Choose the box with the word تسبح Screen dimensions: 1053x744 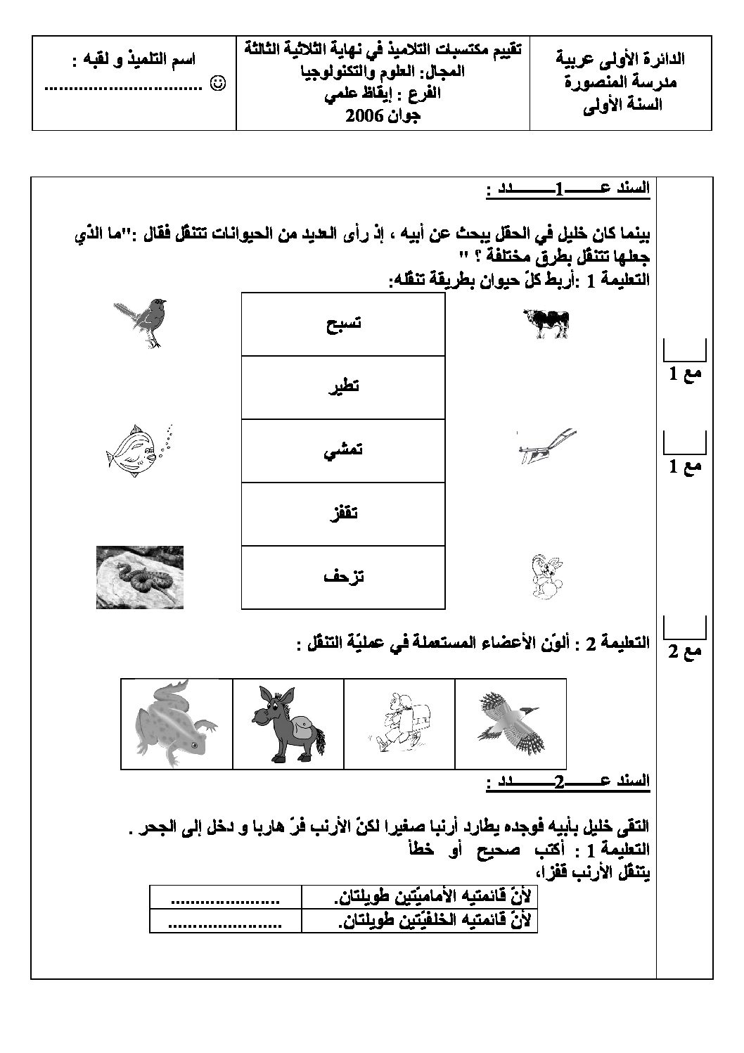[343, 324]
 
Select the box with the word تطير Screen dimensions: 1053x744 [343, 388]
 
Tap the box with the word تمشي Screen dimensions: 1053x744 [343, 451]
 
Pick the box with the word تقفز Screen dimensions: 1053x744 [343, 513]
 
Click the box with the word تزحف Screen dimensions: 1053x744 [343, 577]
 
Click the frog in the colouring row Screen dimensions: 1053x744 [176, 723]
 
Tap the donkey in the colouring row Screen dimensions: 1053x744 [288, 723]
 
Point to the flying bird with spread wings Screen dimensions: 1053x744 [511, 723]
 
